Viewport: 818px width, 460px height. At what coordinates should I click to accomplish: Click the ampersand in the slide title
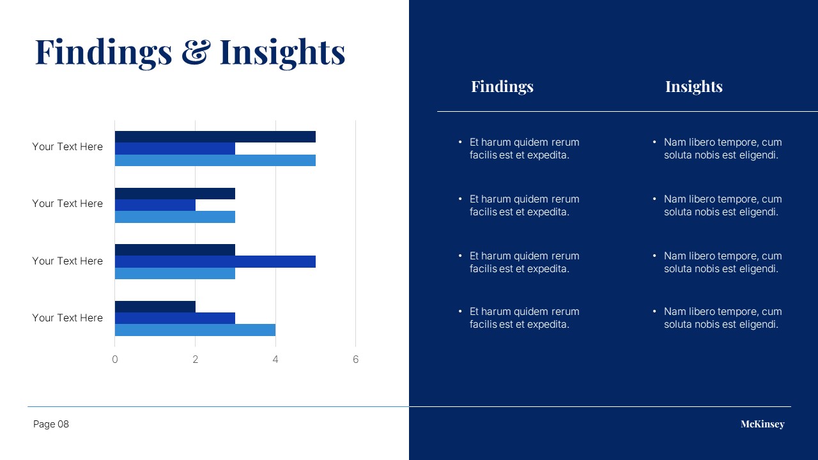click(x=196, y=52)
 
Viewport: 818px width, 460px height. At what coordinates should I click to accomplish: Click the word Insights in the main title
click(x=282, y=53)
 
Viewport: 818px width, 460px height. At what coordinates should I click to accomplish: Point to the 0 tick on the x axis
click(x=114, y=360)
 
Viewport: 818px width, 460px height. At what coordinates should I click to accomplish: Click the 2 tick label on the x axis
click(x=196, y=360)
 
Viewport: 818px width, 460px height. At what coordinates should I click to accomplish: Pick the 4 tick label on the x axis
click(x=275, y=360)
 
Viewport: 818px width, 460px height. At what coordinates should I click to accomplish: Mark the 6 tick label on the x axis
click(x=356, y=360)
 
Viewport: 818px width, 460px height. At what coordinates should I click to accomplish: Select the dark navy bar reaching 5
click(x=215, y=137)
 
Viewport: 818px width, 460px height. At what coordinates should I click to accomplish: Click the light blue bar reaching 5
click(x=215, y=160)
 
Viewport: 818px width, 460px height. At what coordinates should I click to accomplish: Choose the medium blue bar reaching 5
click(x=215, y=262)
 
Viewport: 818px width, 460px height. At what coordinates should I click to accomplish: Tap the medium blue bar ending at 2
click(x=155, y=205)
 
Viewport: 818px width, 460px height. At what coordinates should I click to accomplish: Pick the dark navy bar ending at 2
click(x=155, y=307)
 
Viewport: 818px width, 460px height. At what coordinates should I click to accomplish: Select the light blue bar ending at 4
click(x=195, y=330)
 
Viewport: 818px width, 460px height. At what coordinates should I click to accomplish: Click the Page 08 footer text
click(x=50, y=424)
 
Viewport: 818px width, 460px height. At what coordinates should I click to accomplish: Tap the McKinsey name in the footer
click(x=762, y=424)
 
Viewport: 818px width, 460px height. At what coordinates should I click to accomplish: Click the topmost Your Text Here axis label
click(x=68, y=147)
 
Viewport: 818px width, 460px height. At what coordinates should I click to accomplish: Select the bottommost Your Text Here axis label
click(x=68, y=318)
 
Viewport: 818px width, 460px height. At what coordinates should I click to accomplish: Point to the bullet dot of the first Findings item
click(x=460, y=142)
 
